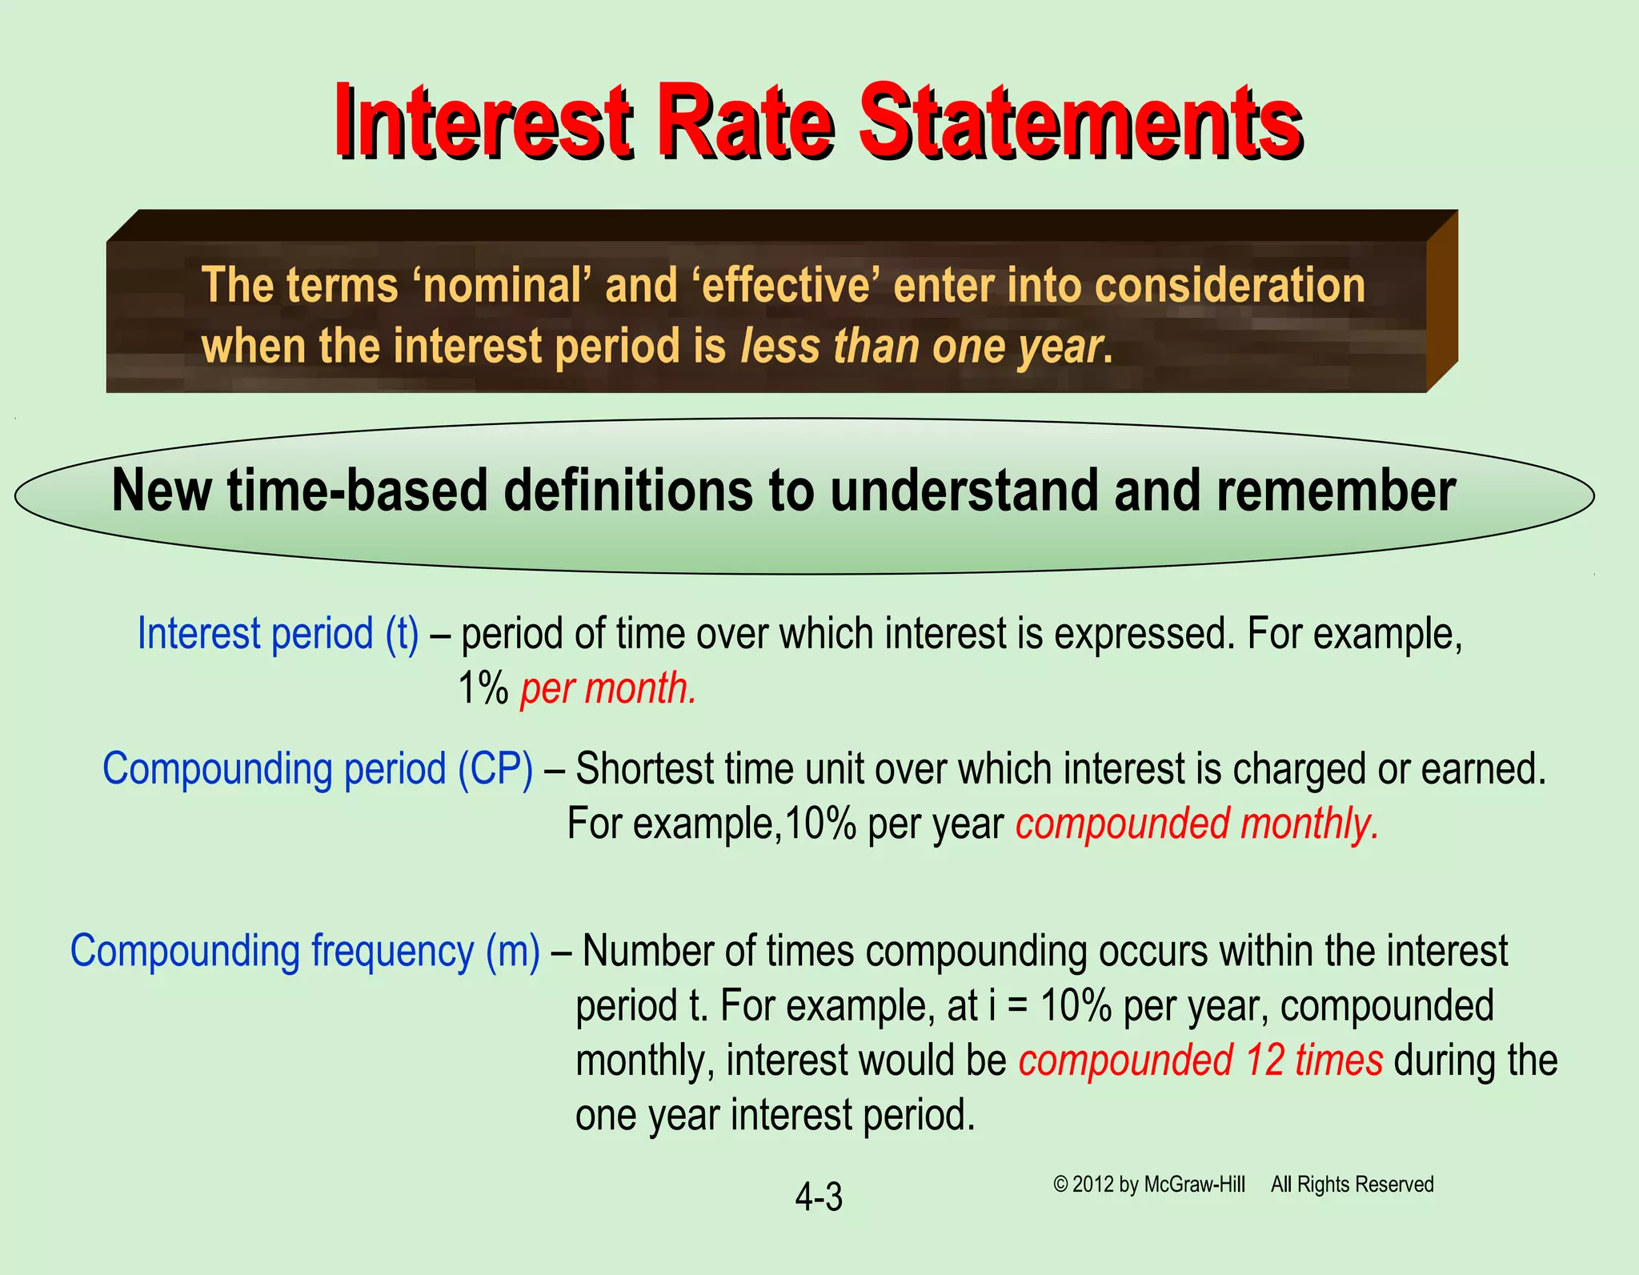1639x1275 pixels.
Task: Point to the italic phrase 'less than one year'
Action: pyautogui.click(x=920, y=347)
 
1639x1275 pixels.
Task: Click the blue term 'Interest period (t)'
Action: pyautogui.click(x=278, y=634)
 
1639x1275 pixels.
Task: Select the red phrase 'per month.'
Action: pyautogui.click(x=608, y=688)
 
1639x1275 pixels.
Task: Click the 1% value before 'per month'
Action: pyautogui.click(x=483, y=688)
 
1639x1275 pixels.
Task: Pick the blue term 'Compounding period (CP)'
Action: pyautogui.click(x=318, y=769)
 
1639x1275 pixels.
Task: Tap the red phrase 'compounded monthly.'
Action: pyautogui.click(x=1197, y=824)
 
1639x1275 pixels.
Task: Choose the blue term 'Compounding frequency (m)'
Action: pyautogui.click(x=305, y=952)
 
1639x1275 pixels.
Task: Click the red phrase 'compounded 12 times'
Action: pyautogui.click(x=1200, y=1060)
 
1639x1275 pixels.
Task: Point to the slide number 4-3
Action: pyautogui.click(x=819, y=1197)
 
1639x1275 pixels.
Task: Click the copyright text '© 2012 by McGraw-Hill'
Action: pyautogui.click(x=1149, y=1185)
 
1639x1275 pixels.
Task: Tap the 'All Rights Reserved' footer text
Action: pyautogui.click(x=1352, y=1185)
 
